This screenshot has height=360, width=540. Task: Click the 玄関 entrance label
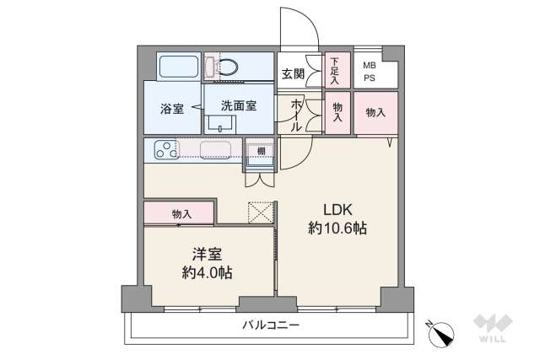click(x=293, y=73)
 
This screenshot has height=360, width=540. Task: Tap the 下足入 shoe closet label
click(x=335, y=71)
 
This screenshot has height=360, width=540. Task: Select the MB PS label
click(x=370, y=72)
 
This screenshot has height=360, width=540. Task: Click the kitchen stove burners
click(x=167, y=151)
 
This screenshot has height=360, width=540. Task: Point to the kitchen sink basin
click(x=215, y=151)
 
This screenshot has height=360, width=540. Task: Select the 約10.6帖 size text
click(x=337, y=228)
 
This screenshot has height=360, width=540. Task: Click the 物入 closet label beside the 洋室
click(x=181, y=213)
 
